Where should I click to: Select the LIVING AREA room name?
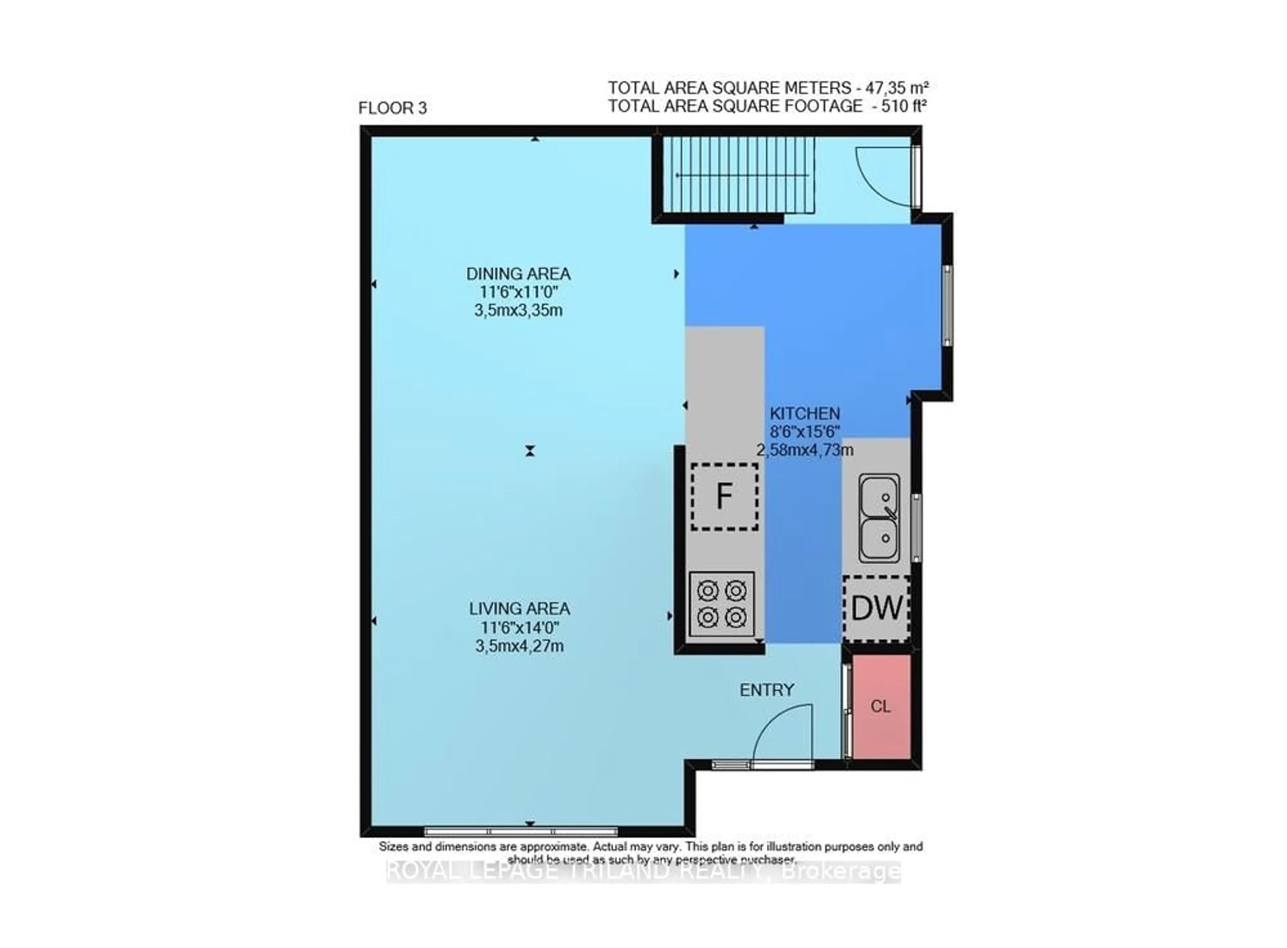tap(519, 609)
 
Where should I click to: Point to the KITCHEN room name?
tap(804, 413)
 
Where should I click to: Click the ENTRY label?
tap(767, 690)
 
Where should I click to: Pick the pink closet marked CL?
tap(880, 706)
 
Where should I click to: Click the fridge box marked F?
tap(724, 496)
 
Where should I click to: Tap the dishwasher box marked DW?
tap(876, 608)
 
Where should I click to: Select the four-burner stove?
tap(722, 604)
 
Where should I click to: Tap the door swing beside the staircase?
tap(884, 175)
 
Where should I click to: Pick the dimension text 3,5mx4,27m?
tap(519, 646)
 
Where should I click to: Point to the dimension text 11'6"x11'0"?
tap(519, 292)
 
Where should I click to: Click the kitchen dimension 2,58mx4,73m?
tap(804, 450)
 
